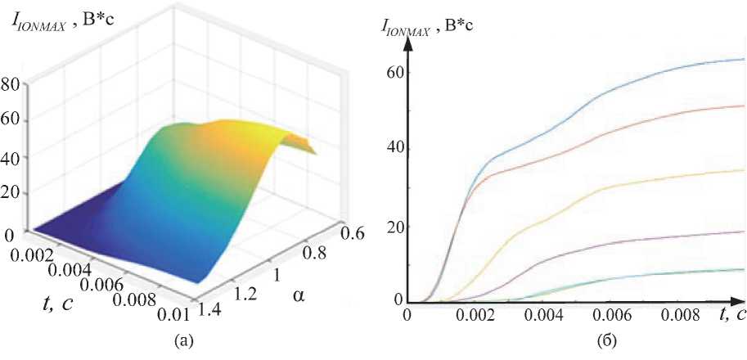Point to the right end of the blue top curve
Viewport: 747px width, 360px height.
(x=744, y=59)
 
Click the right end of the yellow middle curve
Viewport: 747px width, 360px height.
(x=744, y=169)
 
